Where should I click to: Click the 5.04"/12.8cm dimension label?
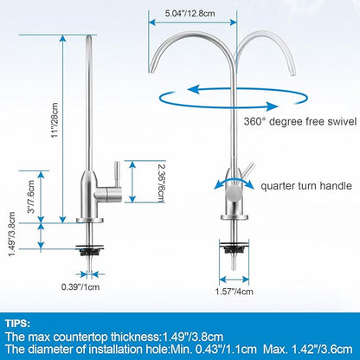pyautogui.click(x=190, y=14)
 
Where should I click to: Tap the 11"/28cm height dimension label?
pyautogui.click(x=55, y=120)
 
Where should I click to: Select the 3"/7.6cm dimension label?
pyautogui.click(x=31, y=196)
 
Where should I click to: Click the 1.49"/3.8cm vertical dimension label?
pyautogui.click(x=12, y=234)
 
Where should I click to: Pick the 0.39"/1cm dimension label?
pyautogui.click(x=80, y=287)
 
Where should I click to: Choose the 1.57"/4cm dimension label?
pyautogui.click(x=235, y=292)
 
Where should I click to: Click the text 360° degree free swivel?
pyautogui.click(x=300, y=121)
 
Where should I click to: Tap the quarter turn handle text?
pyautogui.click(x=306, y=186)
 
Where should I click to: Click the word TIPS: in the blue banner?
pyautogui.click(x=17, y=324)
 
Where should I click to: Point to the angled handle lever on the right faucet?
pyautogui.click(x=247, y=170)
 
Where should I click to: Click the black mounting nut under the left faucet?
pyautogui.click(x=89, y=250)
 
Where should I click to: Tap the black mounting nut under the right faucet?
pyautogui.click(x=234, y=247)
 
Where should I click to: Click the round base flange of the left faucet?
pyautogui.click(x=90, y=221)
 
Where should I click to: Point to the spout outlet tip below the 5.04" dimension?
pyautogui.click(x=151, y=69)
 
